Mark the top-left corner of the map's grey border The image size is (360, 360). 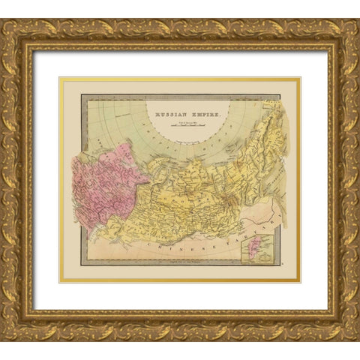(81, 94)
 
